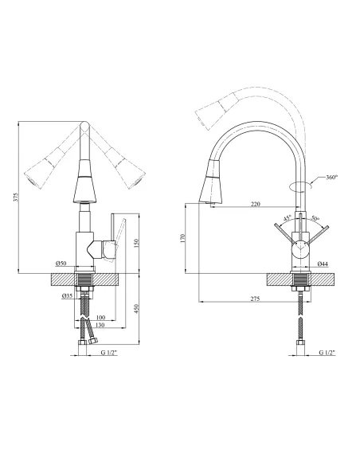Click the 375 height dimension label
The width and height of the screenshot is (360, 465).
click(x=17, y=197)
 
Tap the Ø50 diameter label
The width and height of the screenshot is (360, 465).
click(x=61, y=263)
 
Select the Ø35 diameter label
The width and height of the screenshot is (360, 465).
click(x=68, y=295)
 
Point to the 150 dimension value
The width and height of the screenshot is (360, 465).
click(x=136, y=244)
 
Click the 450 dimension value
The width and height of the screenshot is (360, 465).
click(x=136, y=309)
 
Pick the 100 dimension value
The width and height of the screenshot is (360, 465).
click(x=101, y=318)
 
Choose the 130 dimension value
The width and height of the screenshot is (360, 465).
click(x=100, y=325)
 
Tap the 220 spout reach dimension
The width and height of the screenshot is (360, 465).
click(x=256, y=204)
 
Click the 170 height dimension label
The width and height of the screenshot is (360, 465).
click(x=182, y=238)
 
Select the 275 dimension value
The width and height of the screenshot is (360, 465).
click(x=255, y=299)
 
